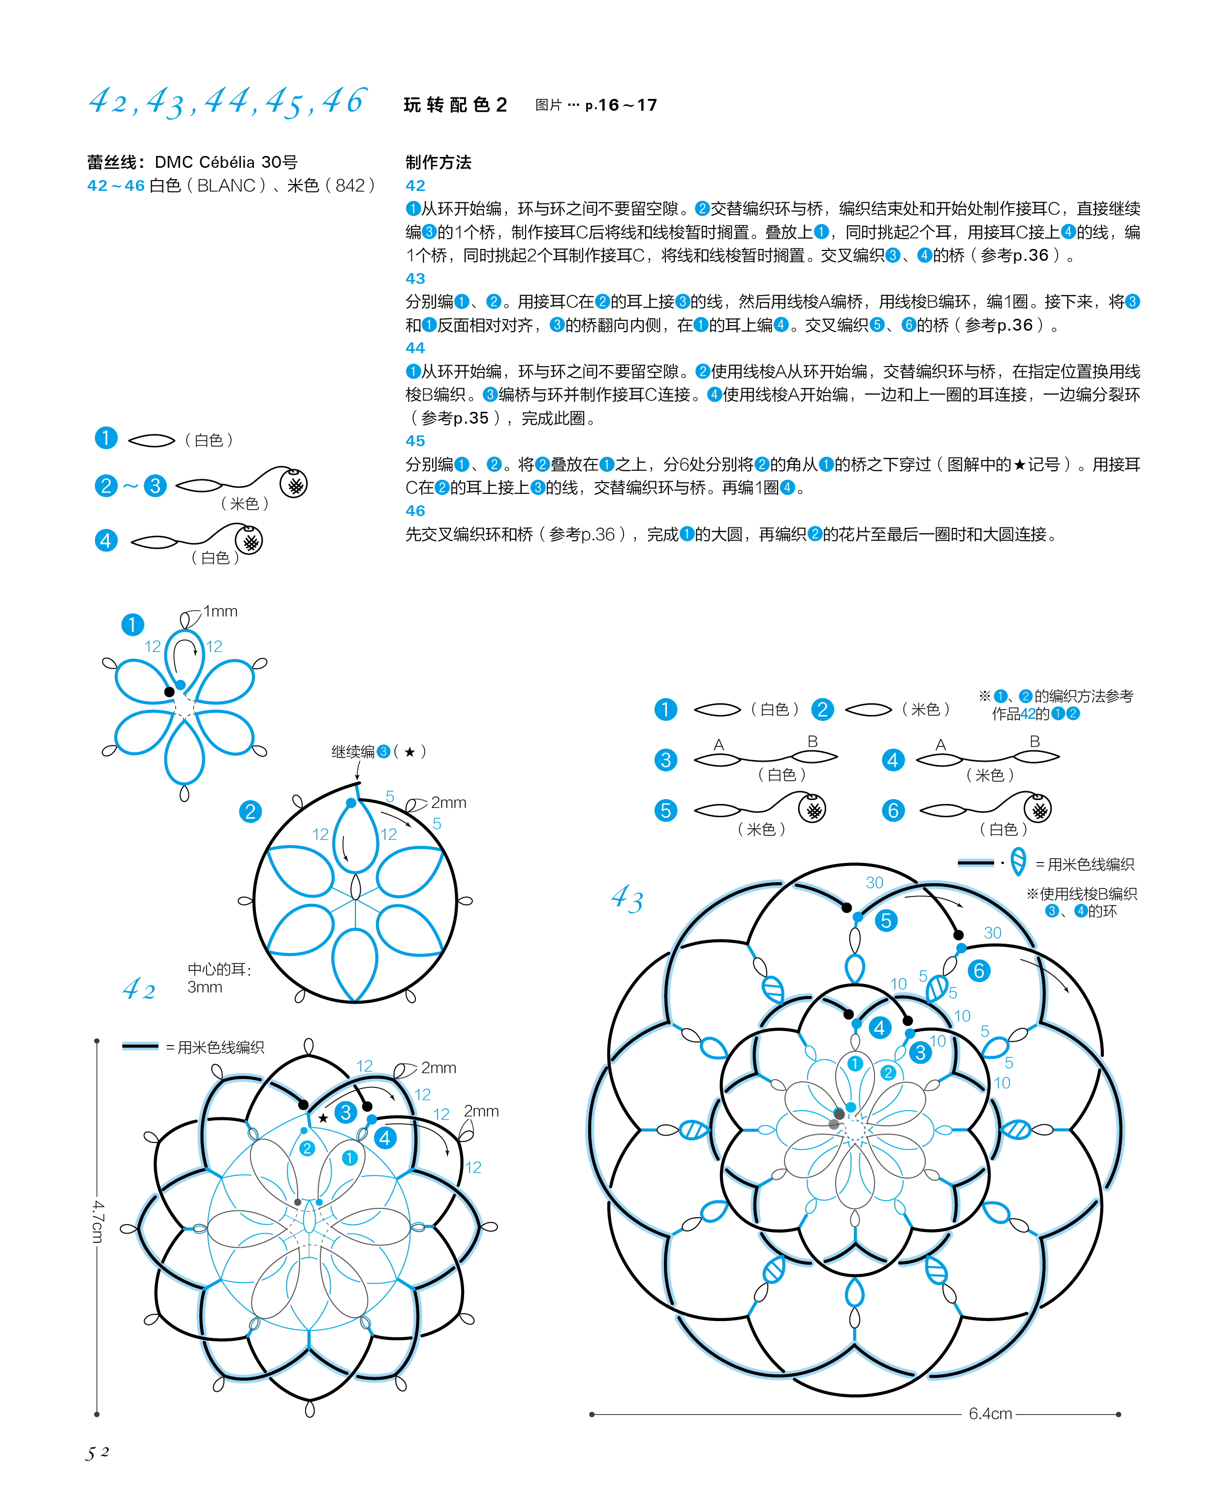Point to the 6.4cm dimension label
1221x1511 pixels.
[990, 1413]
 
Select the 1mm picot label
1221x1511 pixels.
[220, 611]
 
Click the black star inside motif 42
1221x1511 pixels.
[323, 1118]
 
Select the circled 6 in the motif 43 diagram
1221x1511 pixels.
[978, 971]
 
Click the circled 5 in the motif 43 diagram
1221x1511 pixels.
[885, 921]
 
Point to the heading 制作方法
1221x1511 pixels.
[438, 162]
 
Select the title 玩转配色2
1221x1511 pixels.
[455, 105]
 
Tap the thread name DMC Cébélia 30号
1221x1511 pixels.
[226, 162]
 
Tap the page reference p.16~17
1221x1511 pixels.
[621, 105]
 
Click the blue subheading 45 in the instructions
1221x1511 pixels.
[415, 441]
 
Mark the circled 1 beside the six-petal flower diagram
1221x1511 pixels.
[132, 624]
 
